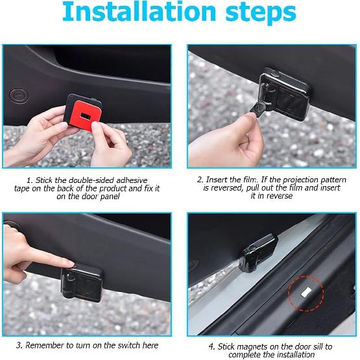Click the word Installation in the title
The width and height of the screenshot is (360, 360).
[139, 12]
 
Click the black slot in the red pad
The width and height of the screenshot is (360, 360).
[86, 115]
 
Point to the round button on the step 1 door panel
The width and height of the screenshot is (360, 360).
[19, 95]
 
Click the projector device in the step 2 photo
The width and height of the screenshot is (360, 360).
[285, 94]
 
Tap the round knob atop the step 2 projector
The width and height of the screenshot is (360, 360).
[275, 74]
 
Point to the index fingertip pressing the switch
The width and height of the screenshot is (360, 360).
[71, 263]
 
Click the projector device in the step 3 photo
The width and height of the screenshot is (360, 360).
[82, 283]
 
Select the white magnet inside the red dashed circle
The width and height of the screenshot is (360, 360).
[306, 293]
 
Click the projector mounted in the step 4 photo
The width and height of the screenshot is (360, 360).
[258, 253]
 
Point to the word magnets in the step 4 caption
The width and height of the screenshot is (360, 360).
[252, 346]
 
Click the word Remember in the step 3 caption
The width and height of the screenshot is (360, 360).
[45, 345]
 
